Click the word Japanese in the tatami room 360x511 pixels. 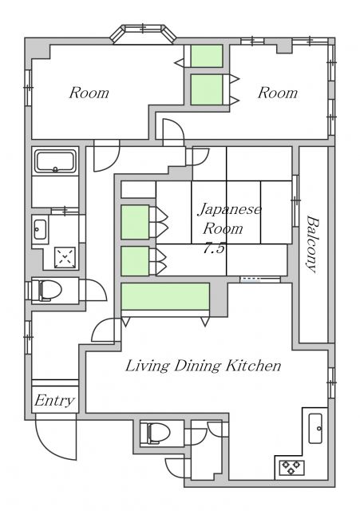coord(229,209)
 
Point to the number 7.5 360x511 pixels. coord(214,248)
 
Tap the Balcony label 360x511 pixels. coord(313,244)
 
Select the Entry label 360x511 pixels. coord(55,401)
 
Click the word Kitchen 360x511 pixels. coord(255,366)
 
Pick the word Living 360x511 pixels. coord(144,366)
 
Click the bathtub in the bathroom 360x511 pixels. coord(55,162)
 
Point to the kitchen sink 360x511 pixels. coord(316,429)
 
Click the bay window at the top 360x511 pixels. coord(143,33)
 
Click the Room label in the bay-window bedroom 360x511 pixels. coord(89,93)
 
